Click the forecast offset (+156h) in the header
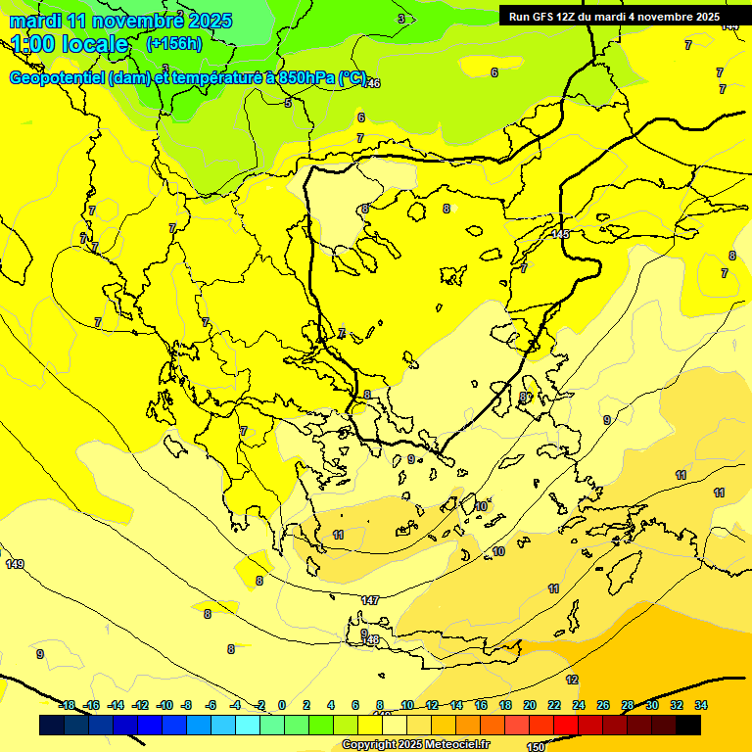(x=174, y=43)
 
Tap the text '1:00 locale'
(x=70, y=44)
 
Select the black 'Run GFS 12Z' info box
(x=614, y=17)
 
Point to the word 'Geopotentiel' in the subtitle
(x=57, y=78)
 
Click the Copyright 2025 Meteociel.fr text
(x=415, y=745)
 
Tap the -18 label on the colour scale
(x=67, y=705)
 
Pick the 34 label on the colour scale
(x=701, y=705)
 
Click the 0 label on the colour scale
(x=282, y=705)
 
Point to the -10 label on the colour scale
(x=164, y=705)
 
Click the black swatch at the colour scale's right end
(x=688, y=726)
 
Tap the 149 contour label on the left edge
(x=14, y=564)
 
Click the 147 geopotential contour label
(x=369, y=600)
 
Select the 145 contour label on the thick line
(x=560, y=233)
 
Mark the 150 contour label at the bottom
(x=536, y=746)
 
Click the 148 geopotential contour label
(x=372, y=639)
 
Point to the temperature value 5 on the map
(x=288, y=103)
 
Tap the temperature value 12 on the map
(x=572, y=680)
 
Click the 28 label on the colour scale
(x=628, y=705)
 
